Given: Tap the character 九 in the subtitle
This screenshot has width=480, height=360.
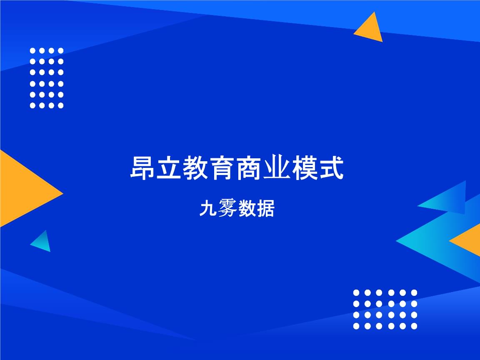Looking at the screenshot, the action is click(x=208, y=208).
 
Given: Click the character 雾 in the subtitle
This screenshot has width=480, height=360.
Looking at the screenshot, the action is click(x=227, y=208).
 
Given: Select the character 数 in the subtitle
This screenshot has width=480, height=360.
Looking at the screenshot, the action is click(x=246, y=208).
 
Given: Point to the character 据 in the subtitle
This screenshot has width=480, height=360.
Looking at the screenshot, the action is click(x=265, y=208).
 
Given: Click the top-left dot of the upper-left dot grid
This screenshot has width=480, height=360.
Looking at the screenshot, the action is click(x=33, y=50).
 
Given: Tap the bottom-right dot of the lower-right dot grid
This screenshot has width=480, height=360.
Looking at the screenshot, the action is click(x=414, y=326).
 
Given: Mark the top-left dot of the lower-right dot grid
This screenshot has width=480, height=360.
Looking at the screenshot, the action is click(x=356, y=292).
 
